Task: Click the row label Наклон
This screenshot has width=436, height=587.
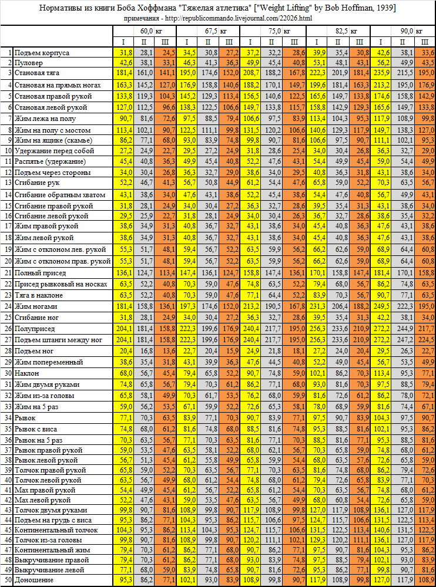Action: point(27,373)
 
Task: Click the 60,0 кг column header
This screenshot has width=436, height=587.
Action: point(146,30)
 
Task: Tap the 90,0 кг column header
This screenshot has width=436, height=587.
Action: point(406,30)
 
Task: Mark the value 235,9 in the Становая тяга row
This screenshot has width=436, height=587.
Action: point(383,73)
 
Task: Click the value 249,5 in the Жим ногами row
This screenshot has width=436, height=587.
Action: point(383,306)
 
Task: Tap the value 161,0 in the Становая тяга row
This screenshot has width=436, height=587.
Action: point(145,73)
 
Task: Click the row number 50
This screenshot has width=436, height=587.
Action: point(8,580)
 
